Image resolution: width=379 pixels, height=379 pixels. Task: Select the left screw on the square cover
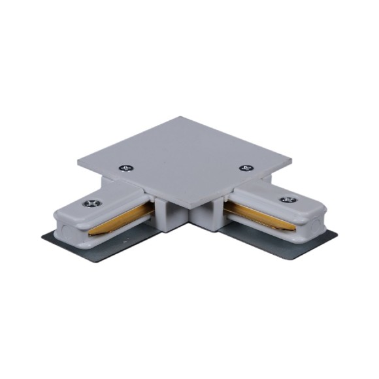tap(125, 168)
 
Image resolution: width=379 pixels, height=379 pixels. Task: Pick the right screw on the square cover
tap(246, 168)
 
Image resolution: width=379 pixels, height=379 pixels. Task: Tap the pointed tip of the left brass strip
tap(90, 232)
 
